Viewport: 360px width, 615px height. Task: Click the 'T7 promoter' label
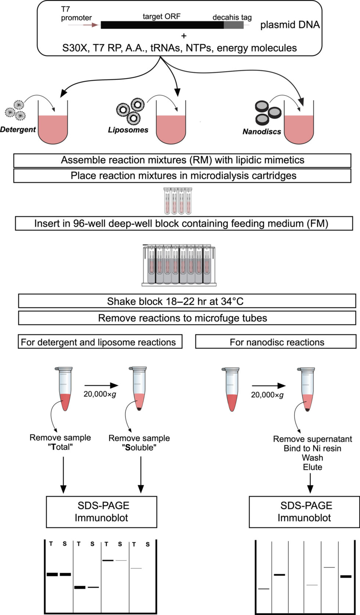76,14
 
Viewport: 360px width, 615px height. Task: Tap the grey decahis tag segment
234,25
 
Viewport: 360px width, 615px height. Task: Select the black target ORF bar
162,25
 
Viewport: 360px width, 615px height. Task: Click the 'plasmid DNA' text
290,25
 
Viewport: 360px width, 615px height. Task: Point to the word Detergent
18,129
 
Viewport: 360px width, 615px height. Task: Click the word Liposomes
128,130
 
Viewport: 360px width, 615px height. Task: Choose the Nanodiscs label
262,132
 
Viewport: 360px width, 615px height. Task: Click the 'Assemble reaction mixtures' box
182,160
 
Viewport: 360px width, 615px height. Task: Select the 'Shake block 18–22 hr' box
187,301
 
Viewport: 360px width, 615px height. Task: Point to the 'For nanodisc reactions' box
276,342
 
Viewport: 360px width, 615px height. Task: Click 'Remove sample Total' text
60,442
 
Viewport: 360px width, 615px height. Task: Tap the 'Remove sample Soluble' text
139,443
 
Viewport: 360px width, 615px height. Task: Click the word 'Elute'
312,467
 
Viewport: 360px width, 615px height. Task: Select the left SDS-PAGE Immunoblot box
101,511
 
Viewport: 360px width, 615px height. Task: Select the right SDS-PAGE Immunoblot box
304,511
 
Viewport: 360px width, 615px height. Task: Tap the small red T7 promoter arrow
91,25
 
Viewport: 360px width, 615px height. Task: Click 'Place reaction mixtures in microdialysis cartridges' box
182,176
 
